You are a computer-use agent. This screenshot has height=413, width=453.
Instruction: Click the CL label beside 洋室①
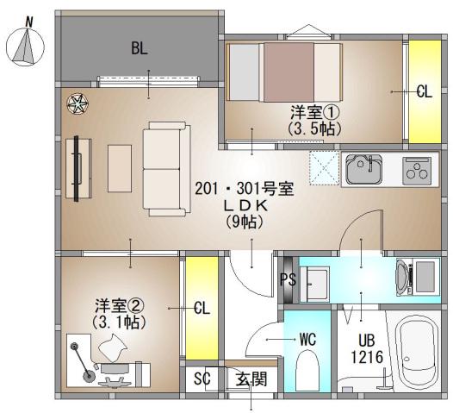click(423, 92)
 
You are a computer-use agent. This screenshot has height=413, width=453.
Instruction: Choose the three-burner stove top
click(420, 169)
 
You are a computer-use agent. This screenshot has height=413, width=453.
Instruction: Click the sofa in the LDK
click(164, 168)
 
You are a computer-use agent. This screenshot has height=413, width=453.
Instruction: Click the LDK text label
click(246, 206)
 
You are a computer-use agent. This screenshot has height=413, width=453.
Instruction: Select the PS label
click(288, 278)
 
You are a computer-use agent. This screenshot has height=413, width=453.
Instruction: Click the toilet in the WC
click(308, 369)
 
